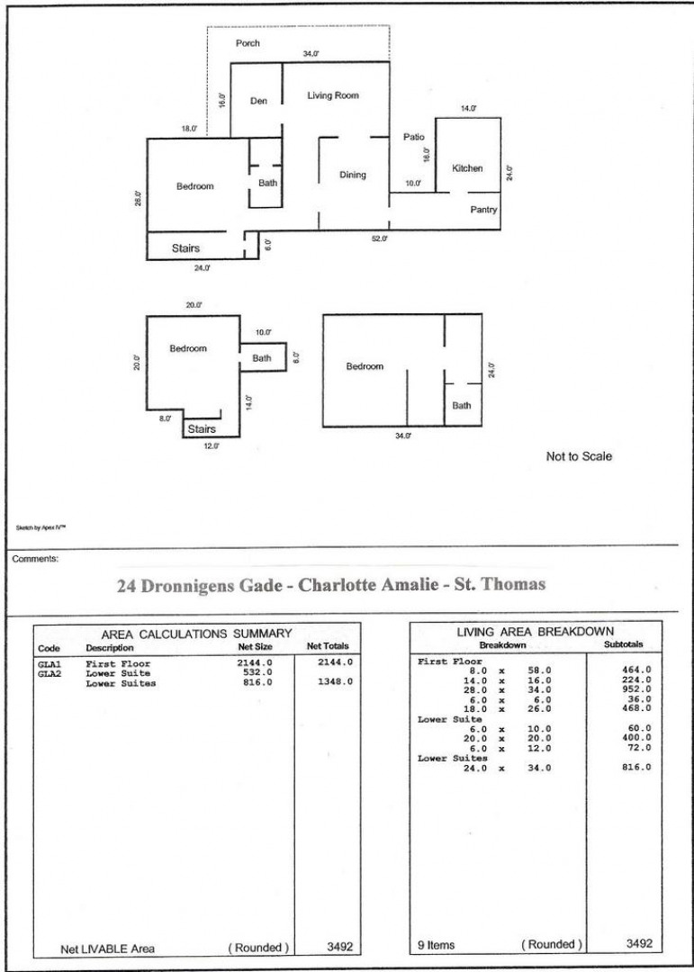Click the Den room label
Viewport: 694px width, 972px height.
(258, 101)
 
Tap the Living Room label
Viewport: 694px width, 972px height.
(333, 95)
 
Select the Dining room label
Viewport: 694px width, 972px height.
(352, 175)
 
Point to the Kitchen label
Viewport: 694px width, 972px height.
(467, 168)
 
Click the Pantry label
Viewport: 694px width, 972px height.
(483, 210)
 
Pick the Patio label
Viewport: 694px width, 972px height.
(414, 137)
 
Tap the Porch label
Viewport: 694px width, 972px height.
(248, 43)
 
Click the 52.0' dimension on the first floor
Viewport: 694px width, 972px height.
(380, 238)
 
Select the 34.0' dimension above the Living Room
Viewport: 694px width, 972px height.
(311, 54)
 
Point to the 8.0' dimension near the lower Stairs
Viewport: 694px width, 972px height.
(165, 419)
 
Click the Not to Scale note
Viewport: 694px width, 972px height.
(579, 456)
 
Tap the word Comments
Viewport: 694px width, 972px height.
(35, 559)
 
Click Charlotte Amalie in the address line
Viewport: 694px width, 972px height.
(368, 585)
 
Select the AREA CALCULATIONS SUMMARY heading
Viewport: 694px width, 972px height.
(196, 634)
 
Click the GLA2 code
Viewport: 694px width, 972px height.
(50, 673)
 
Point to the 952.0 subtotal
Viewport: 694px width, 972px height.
(636, 688)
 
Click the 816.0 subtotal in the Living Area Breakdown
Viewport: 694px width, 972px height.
(636, 768)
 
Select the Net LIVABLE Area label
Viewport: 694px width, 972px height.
(107, 949)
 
